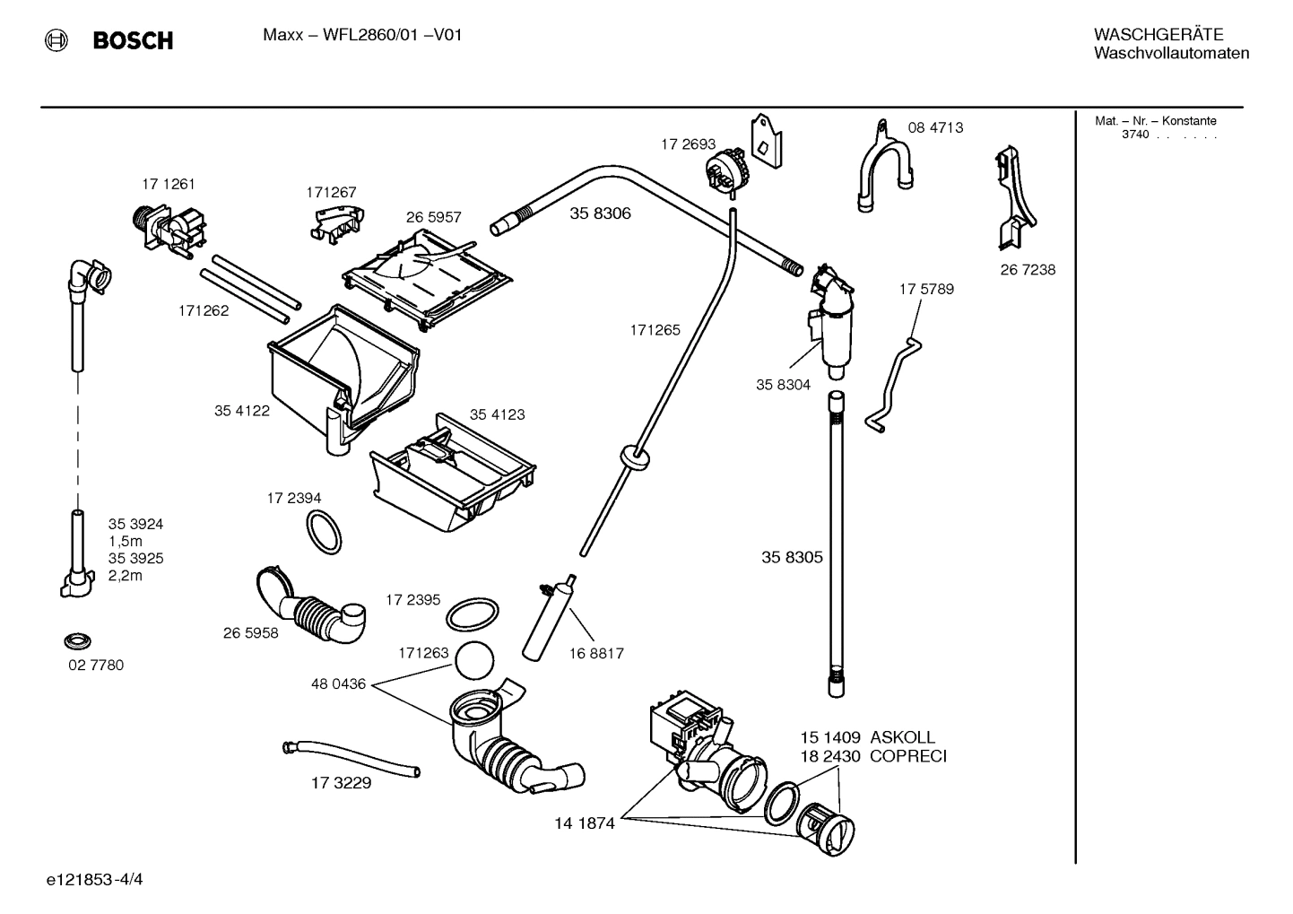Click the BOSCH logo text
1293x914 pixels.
click(x=133, y=40)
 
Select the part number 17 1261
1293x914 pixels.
click(x=169, y=184)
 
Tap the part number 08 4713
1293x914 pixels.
click(x=935, y=127)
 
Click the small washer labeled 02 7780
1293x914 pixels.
click(x=79, y=641)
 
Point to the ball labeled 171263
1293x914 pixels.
click(x=475, y=663)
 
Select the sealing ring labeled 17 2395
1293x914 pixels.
click(x=472, y=616)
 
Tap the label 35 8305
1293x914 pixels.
click(x=792, y=557)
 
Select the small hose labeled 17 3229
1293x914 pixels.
click(x=351, y=758)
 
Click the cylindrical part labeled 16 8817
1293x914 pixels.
click(x=545, y=619)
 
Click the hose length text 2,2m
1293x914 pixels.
click(x=126, y=576)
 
